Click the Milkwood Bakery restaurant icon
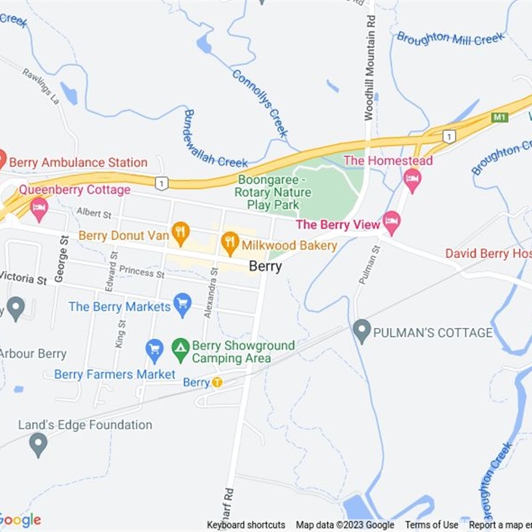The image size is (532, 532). click(x=230, y=244)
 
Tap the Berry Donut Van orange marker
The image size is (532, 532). click(x=180, y=233)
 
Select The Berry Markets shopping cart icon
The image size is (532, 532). click(x=182, y=306)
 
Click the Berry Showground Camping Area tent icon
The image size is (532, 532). click(x=180, y=348)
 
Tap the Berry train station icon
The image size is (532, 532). click(x=217, y=382)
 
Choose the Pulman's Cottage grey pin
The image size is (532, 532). click(x=362, y=331)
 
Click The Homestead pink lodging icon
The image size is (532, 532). click(x=412, y=180)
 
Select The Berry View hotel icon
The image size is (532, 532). click(x=392, y=223)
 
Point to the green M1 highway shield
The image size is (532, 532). click(x=499, y=117)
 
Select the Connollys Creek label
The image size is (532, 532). click(x=260, y=103)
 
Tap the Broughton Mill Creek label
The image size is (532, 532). click(x=451, y=39)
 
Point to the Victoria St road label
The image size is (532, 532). click(x=23, y=279)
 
